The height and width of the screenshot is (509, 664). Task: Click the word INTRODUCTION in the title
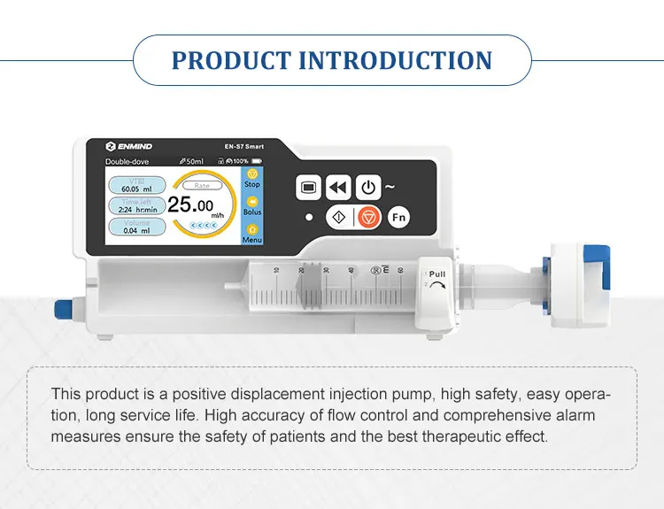pos(395,60)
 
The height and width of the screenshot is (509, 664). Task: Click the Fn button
pos(399,217)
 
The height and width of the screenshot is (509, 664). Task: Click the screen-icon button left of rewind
pos(309,188)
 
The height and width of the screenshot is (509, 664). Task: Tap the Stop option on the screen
pos(252,179)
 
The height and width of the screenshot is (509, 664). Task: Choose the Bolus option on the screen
pos(252,207)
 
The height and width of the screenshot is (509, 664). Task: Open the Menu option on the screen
pos(252,235)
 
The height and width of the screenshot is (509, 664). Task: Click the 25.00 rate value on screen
pos(191,205)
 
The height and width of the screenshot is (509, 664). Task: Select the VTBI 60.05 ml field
pos(136,184)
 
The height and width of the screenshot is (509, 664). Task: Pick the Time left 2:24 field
pos(136,205)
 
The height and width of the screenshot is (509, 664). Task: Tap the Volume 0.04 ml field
pos(136,227)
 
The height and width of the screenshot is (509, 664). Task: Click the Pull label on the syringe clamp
pos(437,275)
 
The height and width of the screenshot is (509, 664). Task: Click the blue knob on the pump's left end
pos(63,310)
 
